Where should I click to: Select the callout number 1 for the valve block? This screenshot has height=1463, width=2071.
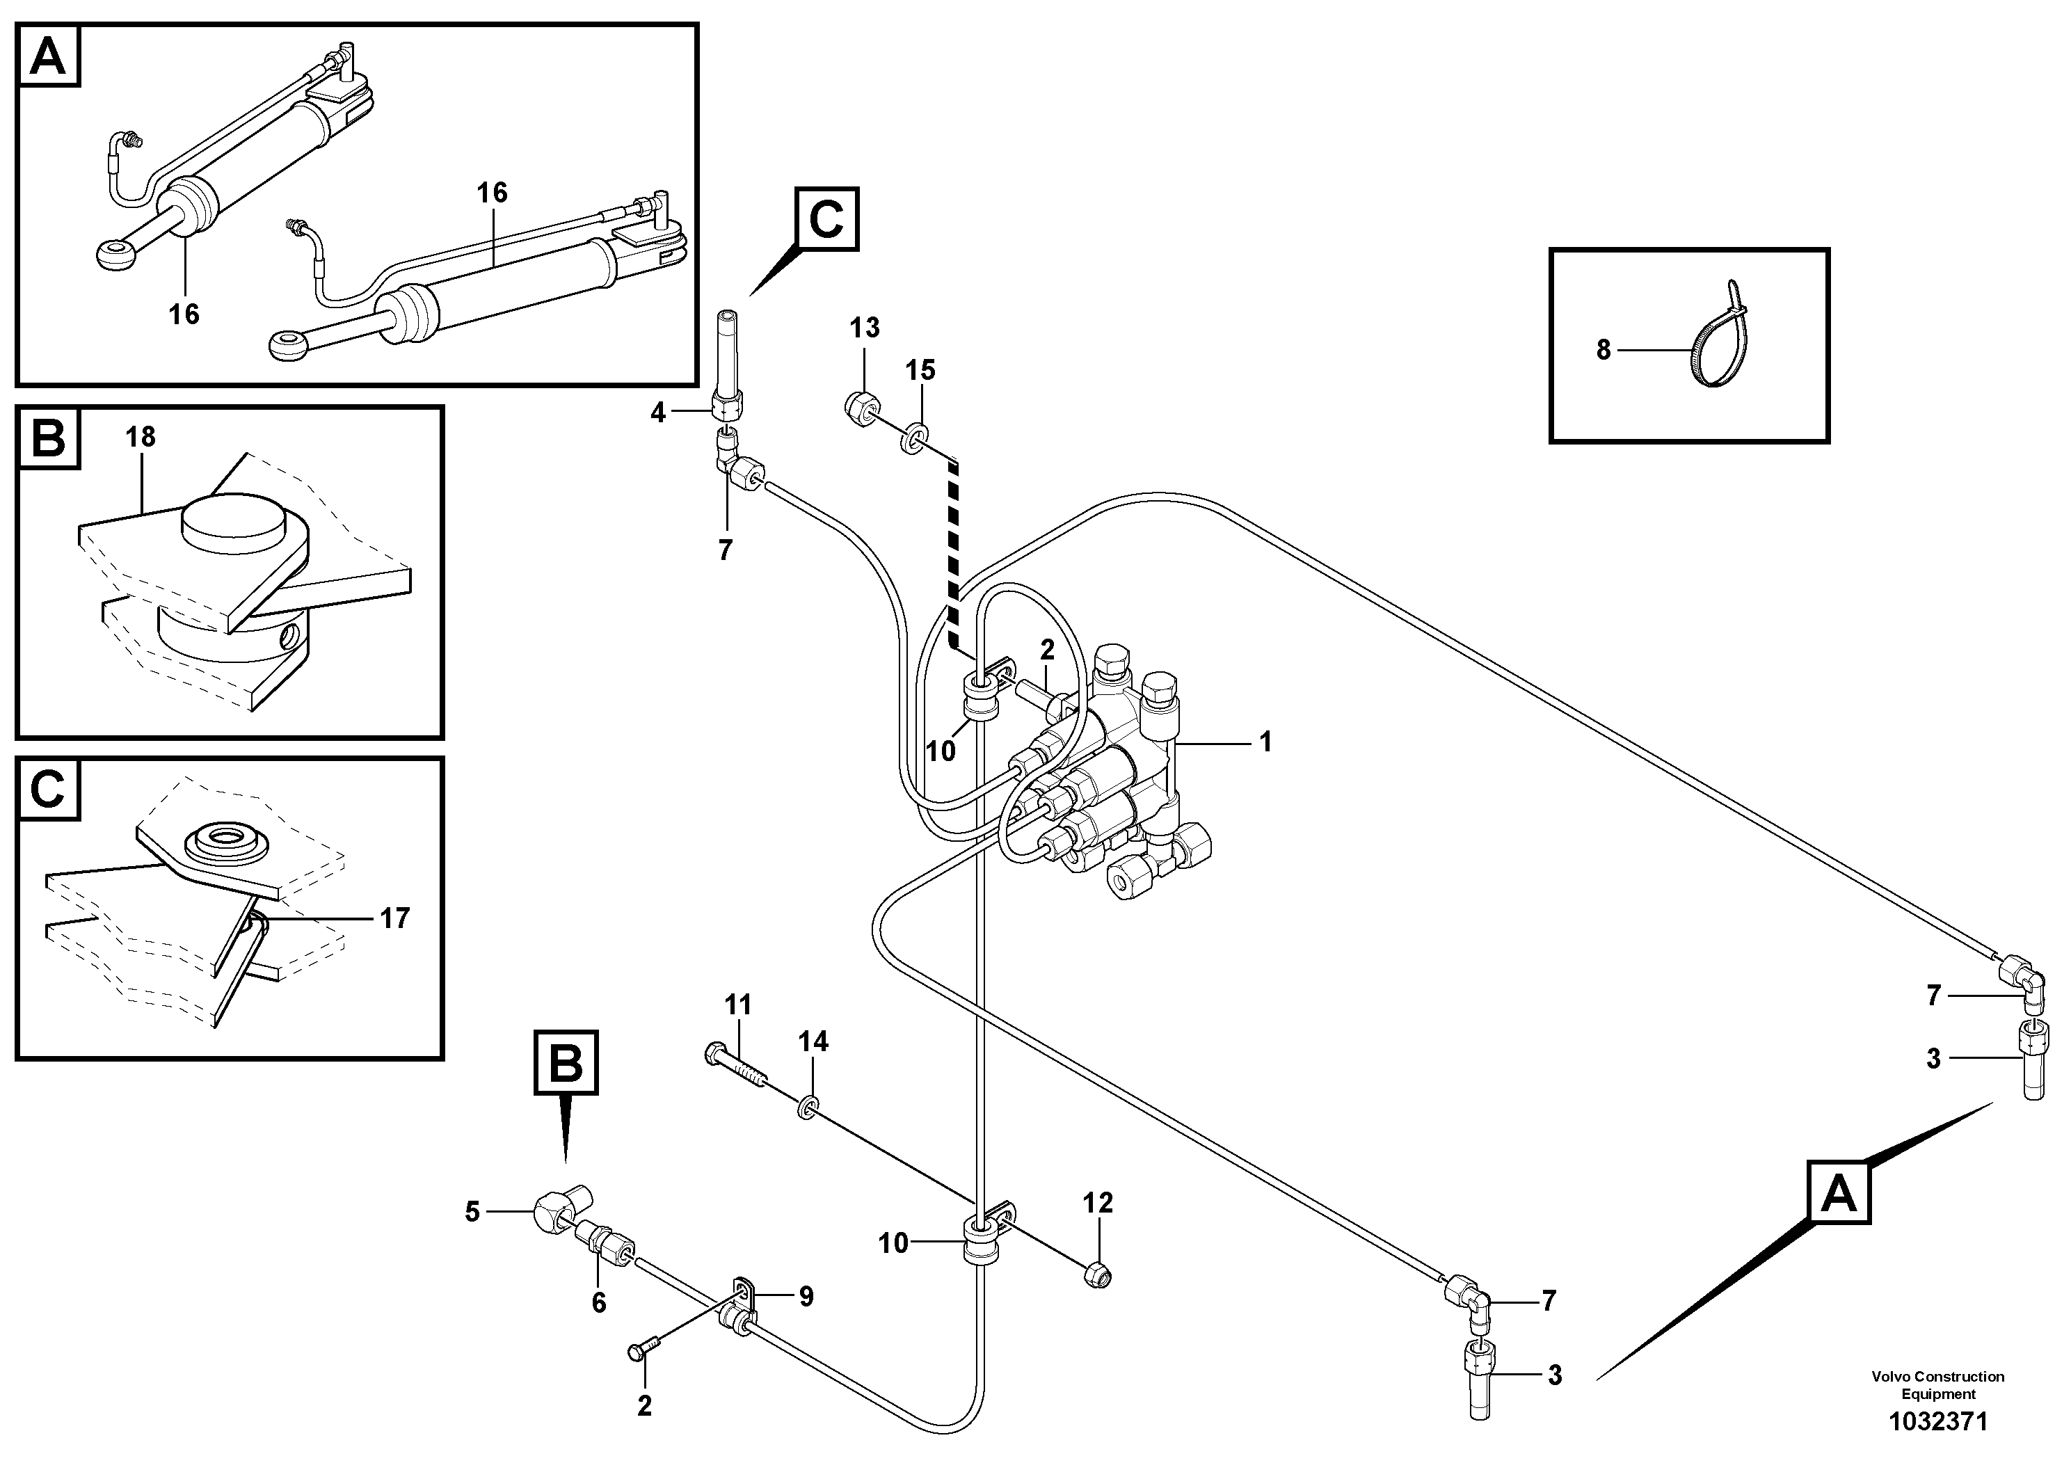tap(1265, 742)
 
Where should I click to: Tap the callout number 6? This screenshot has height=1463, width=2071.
tap(598, 1302)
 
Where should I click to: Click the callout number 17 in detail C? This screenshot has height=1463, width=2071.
tap(395, 918)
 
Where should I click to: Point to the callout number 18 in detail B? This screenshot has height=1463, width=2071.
tap(141, 438)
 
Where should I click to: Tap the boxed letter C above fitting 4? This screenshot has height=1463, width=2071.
tap(826, 219)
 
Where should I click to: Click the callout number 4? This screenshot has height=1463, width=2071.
tap(657, 413)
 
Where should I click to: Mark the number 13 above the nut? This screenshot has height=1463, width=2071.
tap(864, 328)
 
